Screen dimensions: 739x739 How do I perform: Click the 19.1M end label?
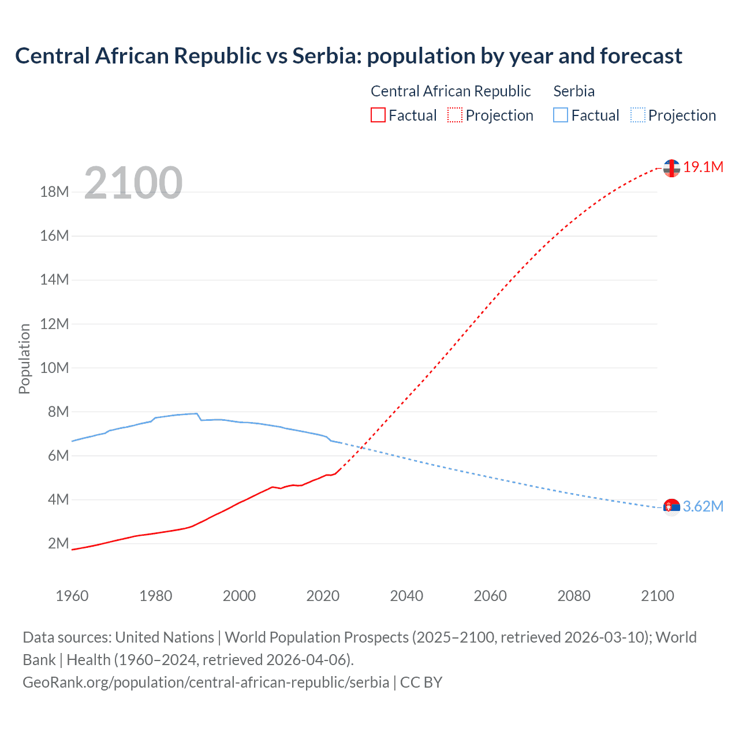[703, 167]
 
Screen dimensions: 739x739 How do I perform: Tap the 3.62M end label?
[703, 507]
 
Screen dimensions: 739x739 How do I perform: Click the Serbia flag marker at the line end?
[671, 507]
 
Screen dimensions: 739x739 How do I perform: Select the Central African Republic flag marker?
[671, 168]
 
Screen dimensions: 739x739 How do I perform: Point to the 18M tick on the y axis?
[55, 192]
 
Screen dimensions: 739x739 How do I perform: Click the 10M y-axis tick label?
[55, 368]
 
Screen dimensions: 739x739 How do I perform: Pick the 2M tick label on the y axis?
[58, 544]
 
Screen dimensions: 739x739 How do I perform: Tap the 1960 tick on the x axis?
[72, 596]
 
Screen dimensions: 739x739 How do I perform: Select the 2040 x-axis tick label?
[406, 596]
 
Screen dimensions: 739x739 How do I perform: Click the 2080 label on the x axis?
[574, 596]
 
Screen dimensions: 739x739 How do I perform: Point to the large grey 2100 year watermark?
[133, 184]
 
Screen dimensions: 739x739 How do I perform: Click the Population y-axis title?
[24, 359]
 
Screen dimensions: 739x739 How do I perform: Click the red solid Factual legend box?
[378, 115]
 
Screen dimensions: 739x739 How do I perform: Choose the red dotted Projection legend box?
[455, 115]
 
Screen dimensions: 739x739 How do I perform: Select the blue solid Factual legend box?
[561, 115]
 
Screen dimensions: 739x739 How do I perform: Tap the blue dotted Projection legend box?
[638, 115]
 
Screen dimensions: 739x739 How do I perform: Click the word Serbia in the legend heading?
[574, 91]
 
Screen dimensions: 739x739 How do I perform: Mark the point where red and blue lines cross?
[362, 447]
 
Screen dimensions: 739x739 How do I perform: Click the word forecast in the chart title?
[641, 56]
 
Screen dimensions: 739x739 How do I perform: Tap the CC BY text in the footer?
[421, 682]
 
